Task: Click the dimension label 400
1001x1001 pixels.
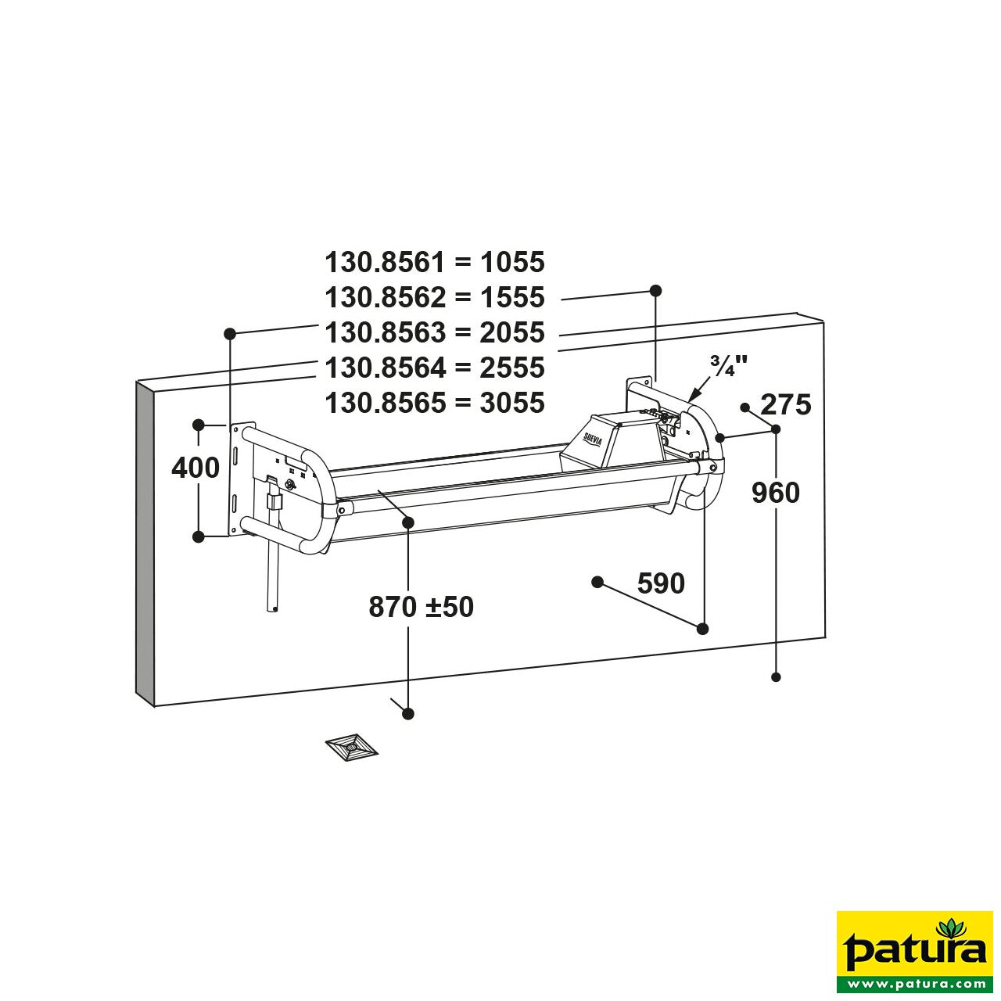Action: click(x=196, y=468)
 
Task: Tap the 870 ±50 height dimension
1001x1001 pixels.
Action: click(x=421, y=607)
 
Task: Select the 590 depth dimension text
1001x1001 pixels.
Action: click(x=661, y=583)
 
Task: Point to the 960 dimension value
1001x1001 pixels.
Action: click(x=775, y=493)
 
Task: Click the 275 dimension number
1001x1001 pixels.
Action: click(x=786, y=405)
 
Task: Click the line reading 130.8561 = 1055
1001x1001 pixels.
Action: click(x=434, y=262)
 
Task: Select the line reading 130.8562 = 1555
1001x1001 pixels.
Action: click(x=434, y=297)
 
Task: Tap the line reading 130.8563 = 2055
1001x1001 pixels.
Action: click(x=434, y=332)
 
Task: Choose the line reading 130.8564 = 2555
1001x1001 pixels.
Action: click(x=434, y=368)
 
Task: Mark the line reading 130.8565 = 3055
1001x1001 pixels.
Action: click(x=434, y=403)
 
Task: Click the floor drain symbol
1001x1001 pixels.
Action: click(x=352, y=748)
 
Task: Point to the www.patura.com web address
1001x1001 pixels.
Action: click(x=914, y=983)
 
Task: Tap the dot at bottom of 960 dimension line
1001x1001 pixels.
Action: click(x=777, y=677)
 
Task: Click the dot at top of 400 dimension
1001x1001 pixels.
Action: click(x=199, y=425)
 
